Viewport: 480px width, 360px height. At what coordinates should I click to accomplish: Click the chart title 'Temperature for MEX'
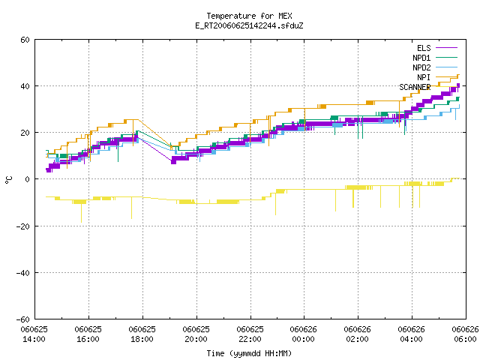tap(249, 16)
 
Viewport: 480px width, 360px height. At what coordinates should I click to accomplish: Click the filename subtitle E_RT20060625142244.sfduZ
tap(249, 25)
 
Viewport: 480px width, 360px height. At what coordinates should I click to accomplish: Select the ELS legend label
tap(424, 48)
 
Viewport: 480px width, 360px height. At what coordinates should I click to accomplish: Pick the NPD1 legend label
tap(421, 58)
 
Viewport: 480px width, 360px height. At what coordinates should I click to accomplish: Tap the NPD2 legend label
tap(421, 67)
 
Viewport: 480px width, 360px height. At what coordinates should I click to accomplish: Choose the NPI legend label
tap(424, 77)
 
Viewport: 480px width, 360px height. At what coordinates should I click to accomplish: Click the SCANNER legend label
tap(415, 87)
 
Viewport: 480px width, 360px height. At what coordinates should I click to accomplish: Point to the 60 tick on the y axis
tap(25, 40)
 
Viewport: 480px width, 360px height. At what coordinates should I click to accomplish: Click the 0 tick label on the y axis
tap(28, 179)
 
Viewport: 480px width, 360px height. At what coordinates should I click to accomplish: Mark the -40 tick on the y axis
tap(23, 273)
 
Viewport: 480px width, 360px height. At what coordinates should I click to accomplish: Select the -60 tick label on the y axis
tap(23, 319)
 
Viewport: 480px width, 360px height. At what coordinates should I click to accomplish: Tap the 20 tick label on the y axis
tap(25, 133)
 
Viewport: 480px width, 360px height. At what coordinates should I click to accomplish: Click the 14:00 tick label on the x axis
tap(34, 339)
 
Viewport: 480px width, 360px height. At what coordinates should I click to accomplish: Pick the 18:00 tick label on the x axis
tap(142, 339)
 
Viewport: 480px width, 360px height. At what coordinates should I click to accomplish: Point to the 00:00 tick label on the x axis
tap(303, 339)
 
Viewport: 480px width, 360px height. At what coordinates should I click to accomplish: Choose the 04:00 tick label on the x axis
tap(411, 339)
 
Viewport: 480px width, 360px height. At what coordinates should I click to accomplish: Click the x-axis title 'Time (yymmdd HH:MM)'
tap(249, 353)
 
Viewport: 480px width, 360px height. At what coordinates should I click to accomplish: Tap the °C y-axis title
tap(8, 180)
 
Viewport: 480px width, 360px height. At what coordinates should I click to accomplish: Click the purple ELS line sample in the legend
tap(446, 48)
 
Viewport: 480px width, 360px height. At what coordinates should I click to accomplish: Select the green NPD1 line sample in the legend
tap(446, 57)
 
